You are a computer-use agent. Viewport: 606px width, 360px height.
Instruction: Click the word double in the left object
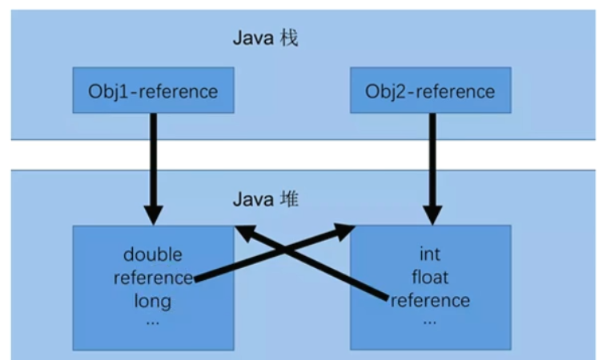coord(152,255)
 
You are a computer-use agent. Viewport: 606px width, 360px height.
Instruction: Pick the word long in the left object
coord(153,301)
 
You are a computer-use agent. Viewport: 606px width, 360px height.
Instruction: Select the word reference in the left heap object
coord(153,278)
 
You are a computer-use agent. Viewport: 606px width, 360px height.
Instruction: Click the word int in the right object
coord(430,255)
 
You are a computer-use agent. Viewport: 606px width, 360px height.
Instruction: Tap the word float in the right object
coord(430,278)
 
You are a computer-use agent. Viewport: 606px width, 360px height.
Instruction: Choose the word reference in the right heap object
coord(430,301)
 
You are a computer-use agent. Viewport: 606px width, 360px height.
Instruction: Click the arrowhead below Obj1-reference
coord(154,214)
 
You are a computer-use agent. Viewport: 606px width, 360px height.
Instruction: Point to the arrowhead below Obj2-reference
coord(432,214)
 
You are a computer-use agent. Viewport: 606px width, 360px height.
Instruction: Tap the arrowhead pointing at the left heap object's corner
coord(243,233)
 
